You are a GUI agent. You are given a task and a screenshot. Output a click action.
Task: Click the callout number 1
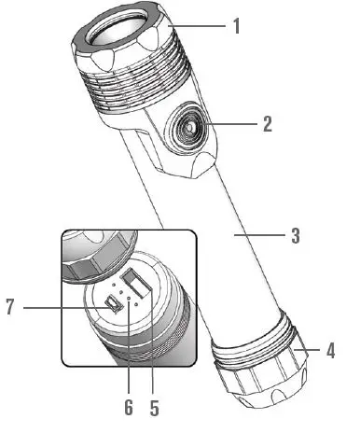click(x=236, y=26)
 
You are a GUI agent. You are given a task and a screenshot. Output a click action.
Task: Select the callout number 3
click(x=295, y=236)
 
